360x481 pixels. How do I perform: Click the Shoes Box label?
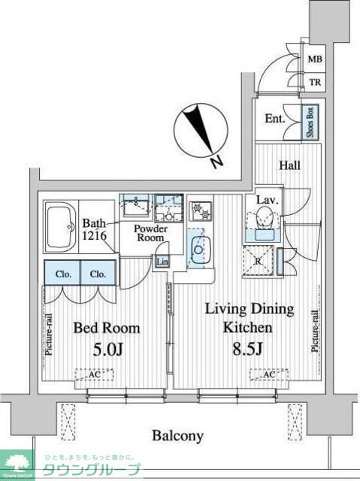310,122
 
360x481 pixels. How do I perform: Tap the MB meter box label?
315,59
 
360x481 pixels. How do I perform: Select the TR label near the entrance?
315,82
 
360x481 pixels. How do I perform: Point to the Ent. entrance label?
275,119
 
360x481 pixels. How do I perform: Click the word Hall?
289,165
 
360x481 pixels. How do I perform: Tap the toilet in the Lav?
263,217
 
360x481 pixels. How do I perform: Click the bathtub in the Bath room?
61,227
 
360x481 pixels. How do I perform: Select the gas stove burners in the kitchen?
200,210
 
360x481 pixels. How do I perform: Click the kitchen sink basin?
198,250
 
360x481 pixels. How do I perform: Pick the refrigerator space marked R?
258,261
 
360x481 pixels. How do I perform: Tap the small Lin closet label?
162,262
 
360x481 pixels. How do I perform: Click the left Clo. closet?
62,273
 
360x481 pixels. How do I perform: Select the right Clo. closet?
98,273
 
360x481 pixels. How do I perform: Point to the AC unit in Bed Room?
95,374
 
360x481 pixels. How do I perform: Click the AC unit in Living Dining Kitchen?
269,374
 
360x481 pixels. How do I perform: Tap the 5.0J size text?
108,349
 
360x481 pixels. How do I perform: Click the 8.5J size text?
247,348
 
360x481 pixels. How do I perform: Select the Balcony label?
178,436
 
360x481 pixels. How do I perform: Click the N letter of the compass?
217,162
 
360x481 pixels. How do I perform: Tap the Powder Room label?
150,233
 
